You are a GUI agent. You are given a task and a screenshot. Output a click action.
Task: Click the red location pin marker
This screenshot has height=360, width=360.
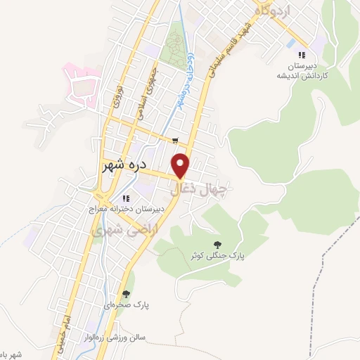181,165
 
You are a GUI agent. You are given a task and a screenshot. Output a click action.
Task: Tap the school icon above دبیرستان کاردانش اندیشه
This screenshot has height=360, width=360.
302,55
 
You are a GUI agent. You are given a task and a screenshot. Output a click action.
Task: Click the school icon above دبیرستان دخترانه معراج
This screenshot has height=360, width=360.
126,198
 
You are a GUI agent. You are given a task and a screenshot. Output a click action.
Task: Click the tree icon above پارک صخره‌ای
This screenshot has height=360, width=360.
126,294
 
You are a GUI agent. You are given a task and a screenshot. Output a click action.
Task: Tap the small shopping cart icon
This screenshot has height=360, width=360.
174,141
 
